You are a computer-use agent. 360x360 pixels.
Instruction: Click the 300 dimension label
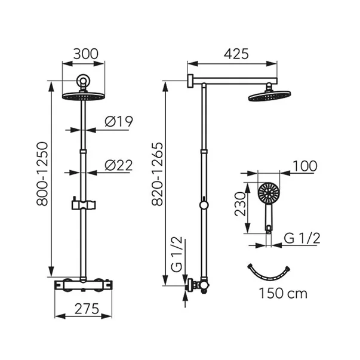pos(85,54)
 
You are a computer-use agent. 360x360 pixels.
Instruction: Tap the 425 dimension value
pos(236,54)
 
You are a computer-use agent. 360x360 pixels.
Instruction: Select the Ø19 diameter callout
pos(119,121)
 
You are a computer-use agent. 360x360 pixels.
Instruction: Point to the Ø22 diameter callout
pos(119,165)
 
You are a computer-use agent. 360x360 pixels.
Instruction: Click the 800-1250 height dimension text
pos(42,174)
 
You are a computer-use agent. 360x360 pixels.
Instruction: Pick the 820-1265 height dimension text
pos(158,174)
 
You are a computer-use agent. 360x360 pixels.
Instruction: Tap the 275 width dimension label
pos(87,309)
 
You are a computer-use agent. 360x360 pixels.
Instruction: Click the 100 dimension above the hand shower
pos(305,166)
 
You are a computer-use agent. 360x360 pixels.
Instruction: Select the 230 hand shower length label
pos(240,204)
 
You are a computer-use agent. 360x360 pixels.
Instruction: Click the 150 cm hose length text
pos(283,293)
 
